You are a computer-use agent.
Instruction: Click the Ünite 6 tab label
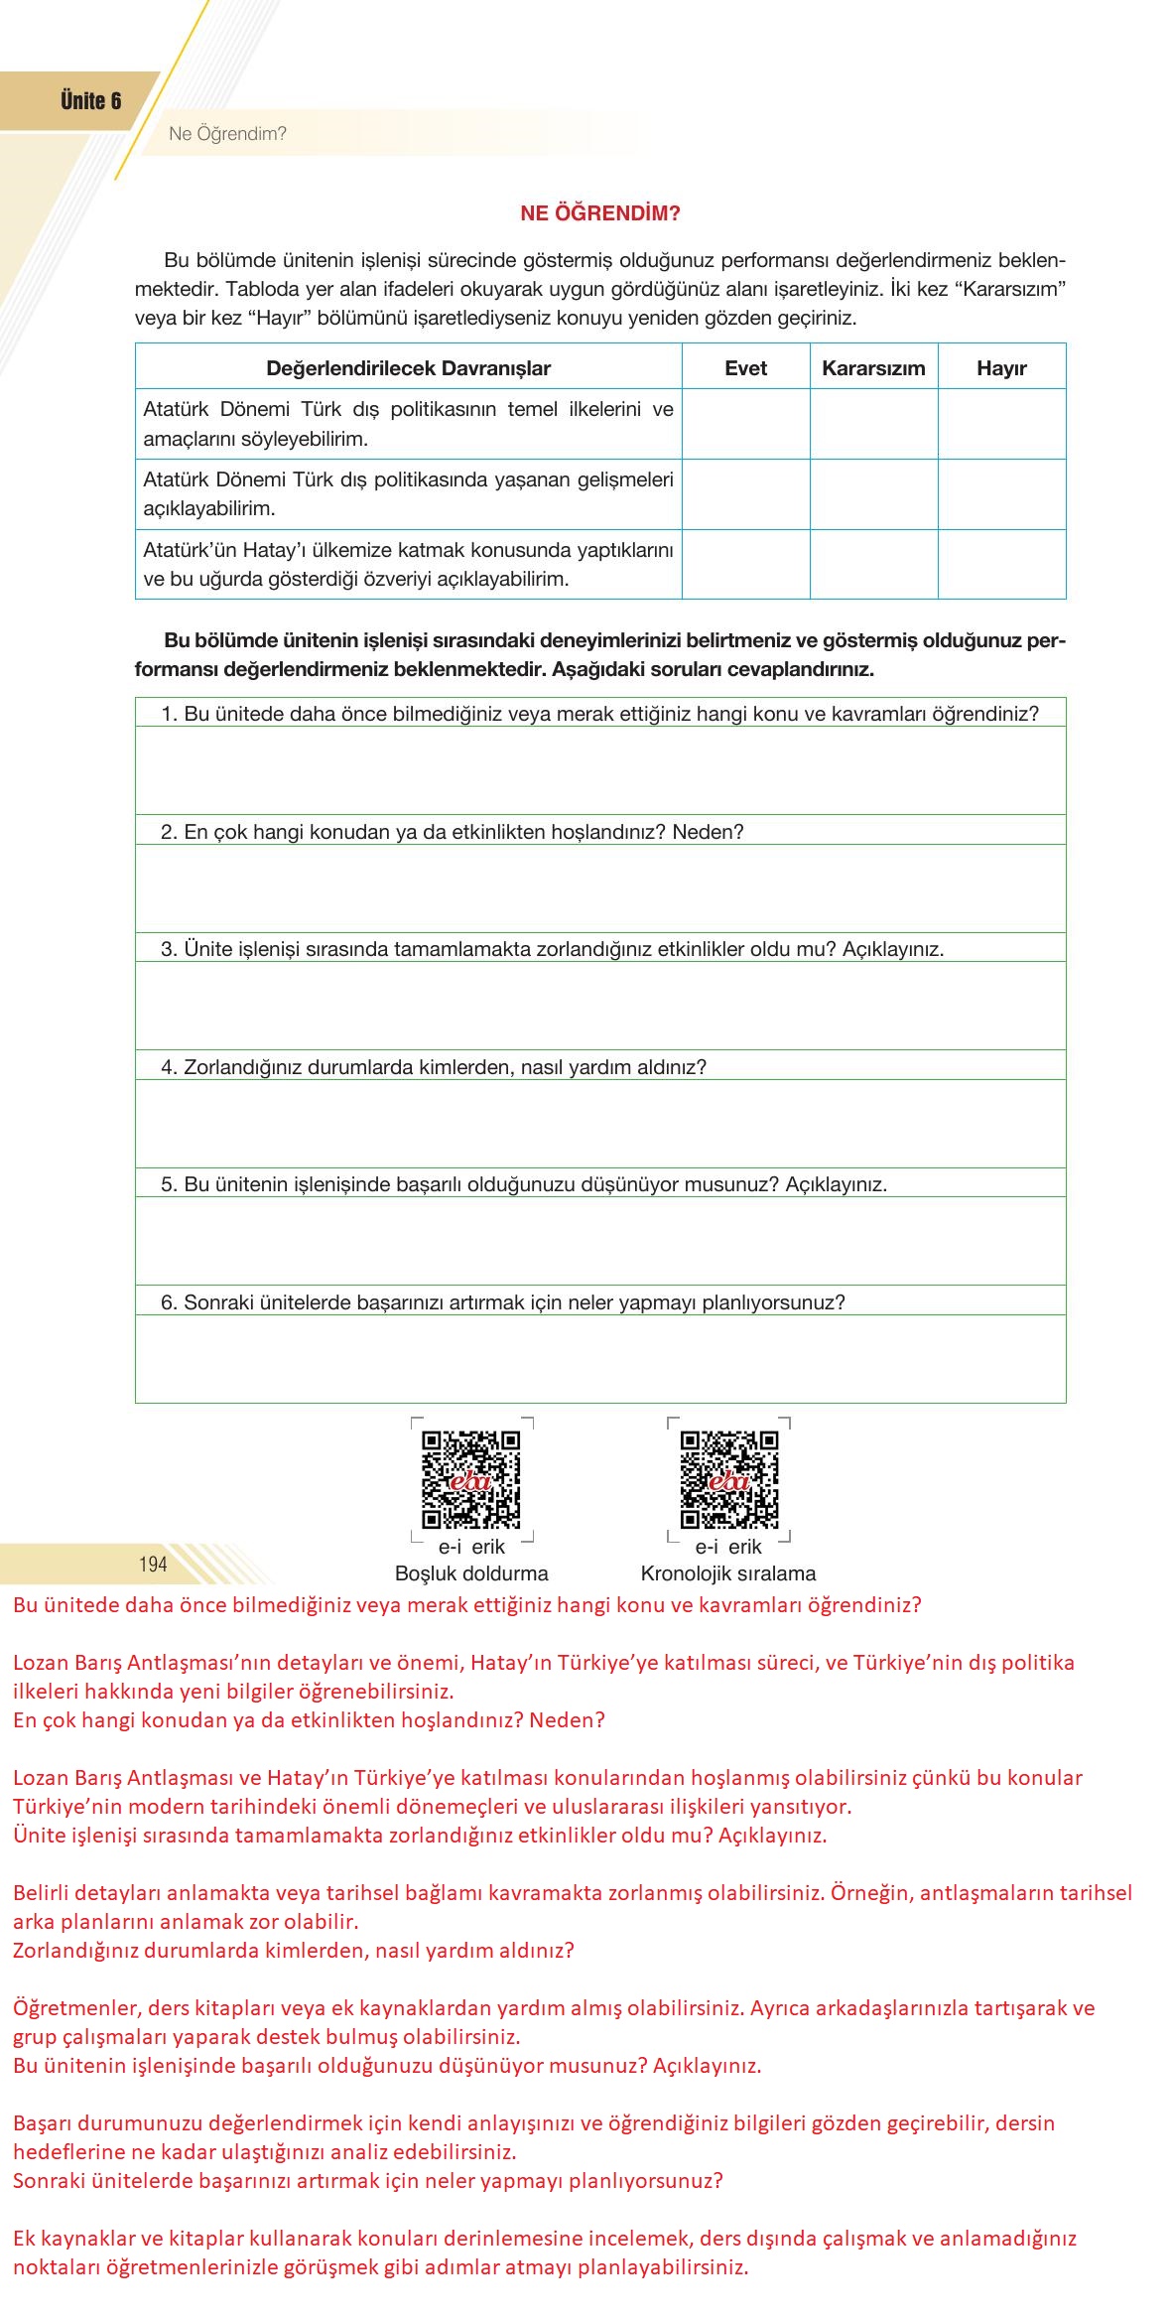click(x=90, y=101)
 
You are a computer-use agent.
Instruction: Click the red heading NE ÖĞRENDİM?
click(x=600, y=213)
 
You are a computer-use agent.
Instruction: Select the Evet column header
click(x=745, y=368)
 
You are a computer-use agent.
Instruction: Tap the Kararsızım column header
click(x=873, y=368)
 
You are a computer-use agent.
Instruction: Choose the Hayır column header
click(x=1001, y=368)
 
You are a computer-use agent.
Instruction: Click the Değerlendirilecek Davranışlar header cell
click(x=408, y=368)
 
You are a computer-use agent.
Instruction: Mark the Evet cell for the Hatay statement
click(x=745, y=564)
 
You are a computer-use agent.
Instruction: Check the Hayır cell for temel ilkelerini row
click(x=1001, y=423)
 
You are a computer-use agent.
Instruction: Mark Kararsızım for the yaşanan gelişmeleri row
click(x=873, y=493)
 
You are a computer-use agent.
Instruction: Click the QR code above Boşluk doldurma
click(x=471, y=1479)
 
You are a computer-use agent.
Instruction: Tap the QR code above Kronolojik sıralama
click(x=728, y=1479)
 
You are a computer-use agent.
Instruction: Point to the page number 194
click(x=153, y=1565)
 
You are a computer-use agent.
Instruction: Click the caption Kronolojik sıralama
click(x=728, y=1573)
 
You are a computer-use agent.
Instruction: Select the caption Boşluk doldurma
click(x=471, y=1573)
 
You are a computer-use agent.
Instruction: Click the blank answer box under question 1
click(x=600, y=770)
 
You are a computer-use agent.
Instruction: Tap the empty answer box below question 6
click(x=600, y=1358)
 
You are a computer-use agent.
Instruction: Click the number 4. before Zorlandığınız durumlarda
click(x=169, y=1067)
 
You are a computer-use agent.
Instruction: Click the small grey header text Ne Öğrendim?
click(x=227, y=134)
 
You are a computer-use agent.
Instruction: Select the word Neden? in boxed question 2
click(x=708, y=832)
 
